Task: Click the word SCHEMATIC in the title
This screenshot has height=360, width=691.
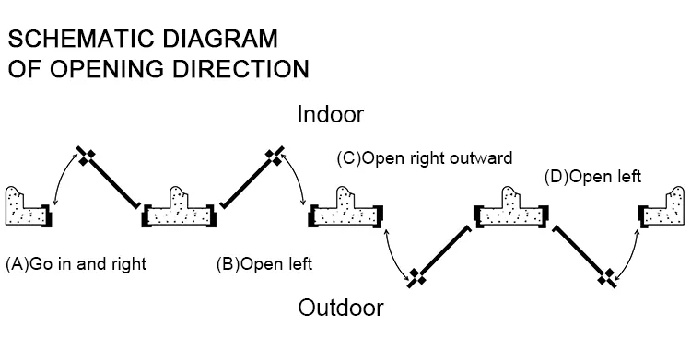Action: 76,40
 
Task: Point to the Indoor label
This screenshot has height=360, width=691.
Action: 331,115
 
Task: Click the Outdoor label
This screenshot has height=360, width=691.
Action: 340,307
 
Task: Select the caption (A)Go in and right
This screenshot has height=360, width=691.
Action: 76,264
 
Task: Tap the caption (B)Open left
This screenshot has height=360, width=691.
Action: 264,264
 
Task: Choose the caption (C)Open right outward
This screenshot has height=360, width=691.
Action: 425,157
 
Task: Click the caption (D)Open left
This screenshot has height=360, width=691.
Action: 592,176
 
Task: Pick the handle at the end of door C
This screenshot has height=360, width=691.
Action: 416,276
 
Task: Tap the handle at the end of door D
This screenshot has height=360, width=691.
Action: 606,276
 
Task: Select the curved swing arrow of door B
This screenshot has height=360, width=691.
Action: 297,179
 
